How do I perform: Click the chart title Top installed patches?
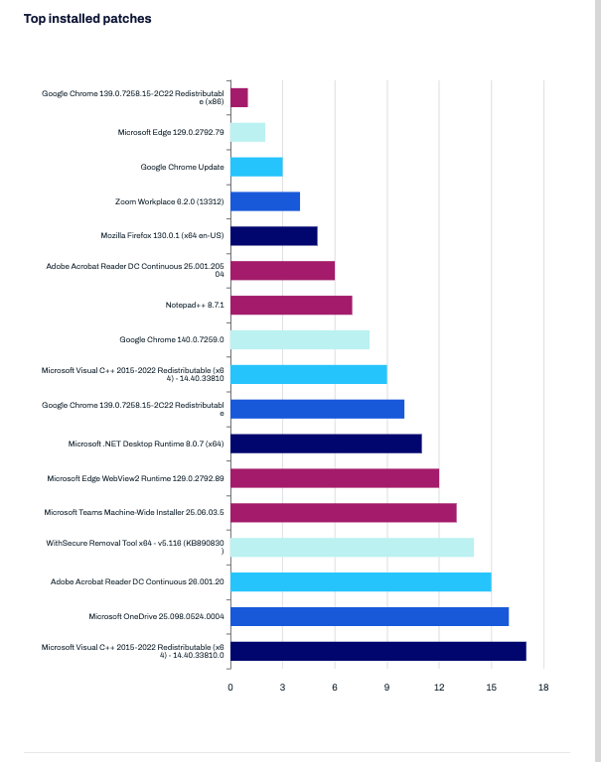click(x=87, y=19)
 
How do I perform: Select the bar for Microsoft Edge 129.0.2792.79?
click(x=247, y=132)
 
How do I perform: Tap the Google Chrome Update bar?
click(x=256, y=167)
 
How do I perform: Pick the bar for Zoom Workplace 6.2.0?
click(x=265, y=201)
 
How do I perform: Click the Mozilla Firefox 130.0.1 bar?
click(x=274, y=236)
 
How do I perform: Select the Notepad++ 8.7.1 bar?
click(x=291, y=306)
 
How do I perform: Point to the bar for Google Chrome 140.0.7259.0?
click(x=300, y=339)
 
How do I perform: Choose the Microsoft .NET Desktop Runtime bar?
click(x=326, y=444)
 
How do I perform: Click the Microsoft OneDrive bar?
click(x=370, y=617)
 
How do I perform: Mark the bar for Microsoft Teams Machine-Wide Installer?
click(x=344, y=513)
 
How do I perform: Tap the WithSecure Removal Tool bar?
click(x=353, y=548)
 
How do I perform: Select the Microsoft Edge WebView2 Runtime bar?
click(x=335, y=478)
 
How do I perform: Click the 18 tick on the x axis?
click(x=543, y=688)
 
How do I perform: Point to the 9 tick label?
click(x=386, y=688)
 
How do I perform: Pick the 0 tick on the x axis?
click(x=230, y=688)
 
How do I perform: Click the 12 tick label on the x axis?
click(x=439, y=688)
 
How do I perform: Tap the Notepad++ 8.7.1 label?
click(x=195, y=306)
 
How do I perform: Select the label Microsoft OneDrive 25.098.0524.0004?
click(x=156, y=617)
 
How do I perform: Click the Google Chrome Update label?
click(x=182, y=167)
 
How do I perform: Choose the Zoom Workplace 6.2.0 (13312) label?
click(x=169, y=201)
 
